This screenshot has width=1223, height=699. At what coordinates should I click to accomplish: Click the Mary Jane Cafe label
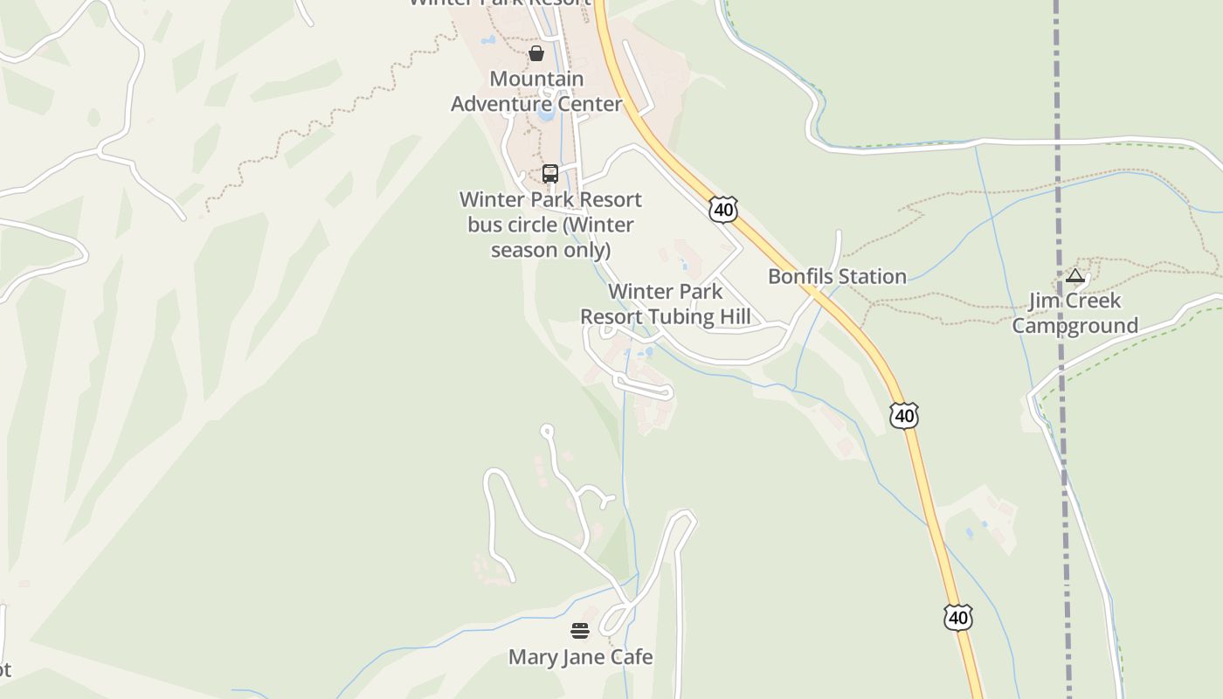click(580, 656)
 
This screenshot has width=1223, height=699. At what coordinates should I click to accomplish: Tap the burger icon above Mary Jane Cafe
click(580, 631)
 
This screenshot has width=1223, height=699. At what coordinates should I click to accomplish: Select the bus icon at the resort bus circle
click(550, 174)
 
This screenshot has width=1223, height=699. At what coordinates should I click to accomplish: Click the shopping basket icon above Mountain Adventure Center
click(536, 53)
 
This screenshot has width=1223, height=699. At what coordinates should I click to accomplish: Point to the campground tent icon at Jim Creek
click(1075, 276)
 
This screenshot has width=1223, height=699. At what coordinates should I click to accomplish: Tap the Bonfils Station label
click(837, 276)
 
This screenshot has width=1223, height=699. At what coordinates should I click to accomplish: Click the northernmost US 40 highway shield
click(723, 209)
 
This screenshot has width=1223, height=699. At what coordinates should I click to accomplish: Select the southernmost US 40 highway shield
click(957, 618)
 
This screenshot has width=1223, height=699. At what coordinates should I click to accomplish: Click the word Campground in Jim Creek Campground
click(1074, 326)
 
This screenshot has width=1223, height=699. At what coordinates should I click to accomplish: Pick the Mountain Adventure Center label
click(536, 91)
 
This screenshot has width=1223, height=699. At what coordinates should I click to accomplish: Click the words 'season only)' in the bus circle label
click(549, 250)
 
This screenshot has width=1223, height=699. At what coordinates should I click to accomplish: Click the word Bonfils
click(798, 276)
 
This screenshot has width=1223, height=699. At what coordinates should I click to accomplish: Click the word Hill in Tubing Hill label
click(732, 316)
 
